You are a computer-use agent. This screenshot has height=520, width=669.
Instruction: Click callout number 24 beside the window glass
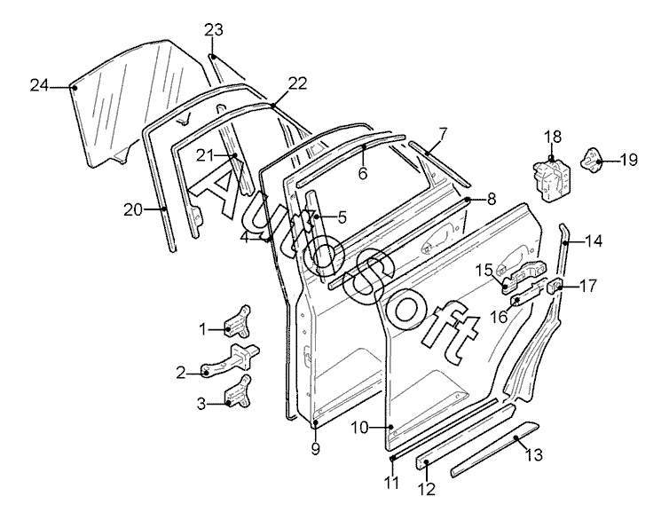tap(39, 86)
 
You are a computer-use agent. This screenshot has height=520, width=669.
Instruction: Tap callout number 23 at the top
tap(214, 30)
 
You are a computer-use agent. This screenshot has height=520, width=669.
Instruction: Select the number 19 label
tap(628, 160)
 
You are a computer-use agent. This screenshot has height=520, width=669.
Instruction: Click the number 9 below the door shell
tap(315, 449)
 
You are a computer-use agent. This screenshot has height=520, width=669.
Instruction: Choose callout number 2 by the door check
tap(181, 373)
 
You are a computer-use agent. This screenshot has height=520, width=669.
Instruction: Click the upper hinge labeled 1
tap(237, 321)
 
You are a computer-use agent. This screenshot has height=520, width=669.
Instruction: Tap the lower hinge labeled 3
tap(237, 391)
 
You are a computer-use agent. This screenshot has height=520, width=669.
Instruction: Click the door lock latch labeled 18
tap(551, 178)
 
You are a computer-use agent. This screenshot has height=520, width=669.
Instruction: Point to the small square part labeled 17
tap(555, 285)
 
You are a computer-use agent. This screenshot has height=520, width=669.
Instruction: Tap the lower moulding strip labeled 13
tap(495, 449)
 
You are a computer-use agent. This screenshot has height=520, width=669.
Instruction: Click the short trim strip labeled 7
tap(439, 164)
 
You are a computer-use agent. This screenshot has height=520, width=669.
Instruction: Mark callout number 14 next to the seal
tap(594, 241)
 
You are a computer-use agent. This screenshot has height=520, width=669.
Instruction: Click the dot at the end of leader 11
tap(391, 459)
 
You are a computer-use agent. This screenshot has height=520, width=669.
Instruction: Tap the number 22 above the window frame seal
tap(297, 83)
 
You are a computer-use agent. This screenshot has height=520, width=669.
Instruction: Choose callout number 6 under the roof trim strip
tap(363, 173)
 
